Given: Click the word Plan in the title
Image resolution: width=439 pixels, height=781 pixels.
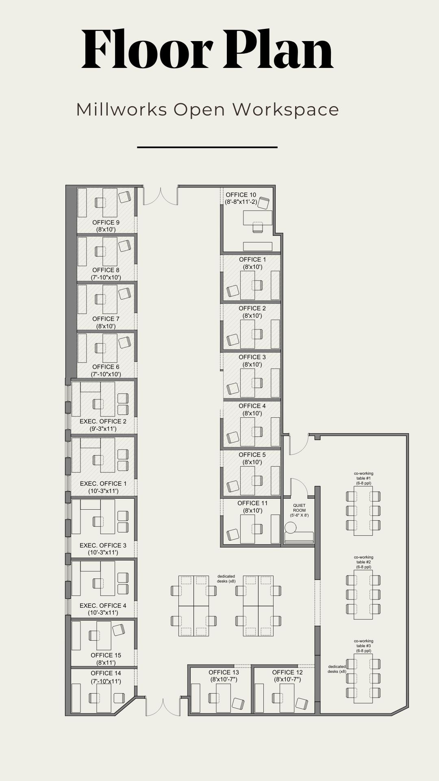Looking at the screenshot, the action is point(278,49).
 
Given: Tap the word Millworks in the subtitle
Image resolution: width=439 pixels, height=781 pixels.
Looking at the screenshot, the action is point(122,109).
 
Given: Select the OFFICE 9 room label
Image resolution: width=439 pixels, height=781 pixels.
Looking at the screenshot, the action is point(106,223).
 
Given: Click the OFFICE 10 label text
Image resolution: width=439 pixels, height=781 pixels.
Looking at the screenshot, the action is point(241,195).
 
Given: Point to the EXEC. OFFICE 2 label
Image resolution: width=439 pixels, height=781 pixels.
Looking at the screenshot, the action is point(103,421).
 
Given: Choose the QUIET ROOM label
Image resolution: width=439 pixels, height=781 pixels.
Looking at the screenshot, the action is point(299,508).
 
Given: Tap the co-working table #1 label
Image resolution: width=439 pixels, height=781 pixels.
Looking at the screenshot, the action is point(363,476).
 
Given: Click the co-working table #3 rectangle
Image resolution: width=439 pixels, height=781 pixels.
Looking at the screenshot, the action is point(363,680).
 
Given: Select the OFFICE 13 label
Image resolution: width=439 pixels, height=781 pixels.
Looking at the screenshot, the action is point(224,672).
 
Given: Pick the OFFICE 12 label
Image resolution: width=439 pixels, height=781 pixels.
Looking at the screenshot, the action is point(287,672).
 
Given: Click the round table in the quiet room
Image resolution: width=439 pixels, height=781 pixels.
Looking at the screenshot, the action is point(291,528).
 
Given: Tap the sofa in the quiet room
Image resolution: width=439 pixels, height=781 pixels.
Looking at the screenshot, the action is point(299,537).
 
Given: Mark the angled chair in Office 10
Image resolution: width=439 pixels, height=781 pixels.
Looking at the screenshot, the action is point(264,203).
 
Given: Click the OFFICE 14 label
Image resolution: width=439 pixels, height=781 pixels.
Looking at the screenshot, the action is point(106,673).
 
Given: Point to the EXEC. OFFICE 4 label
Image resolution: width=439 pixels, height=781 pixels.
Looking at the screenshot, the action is point(103,606).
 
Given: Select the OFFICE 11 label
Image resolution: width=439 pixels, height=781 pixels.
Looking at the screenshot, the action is point(252,503).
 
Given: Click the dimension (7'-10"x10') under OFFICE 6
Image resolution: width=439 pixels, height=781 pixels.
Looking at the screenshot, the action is point(106,374).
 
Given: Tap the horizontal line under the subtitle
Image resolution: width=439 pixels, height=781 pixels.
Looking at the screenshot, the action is point(207,147).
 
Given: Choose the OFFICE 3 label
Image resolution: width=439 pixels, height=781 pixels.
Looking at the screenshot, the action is point(252,357).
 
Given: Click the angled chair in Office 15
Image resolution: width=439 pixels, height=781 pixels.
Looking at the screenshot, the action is point(119,630).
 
